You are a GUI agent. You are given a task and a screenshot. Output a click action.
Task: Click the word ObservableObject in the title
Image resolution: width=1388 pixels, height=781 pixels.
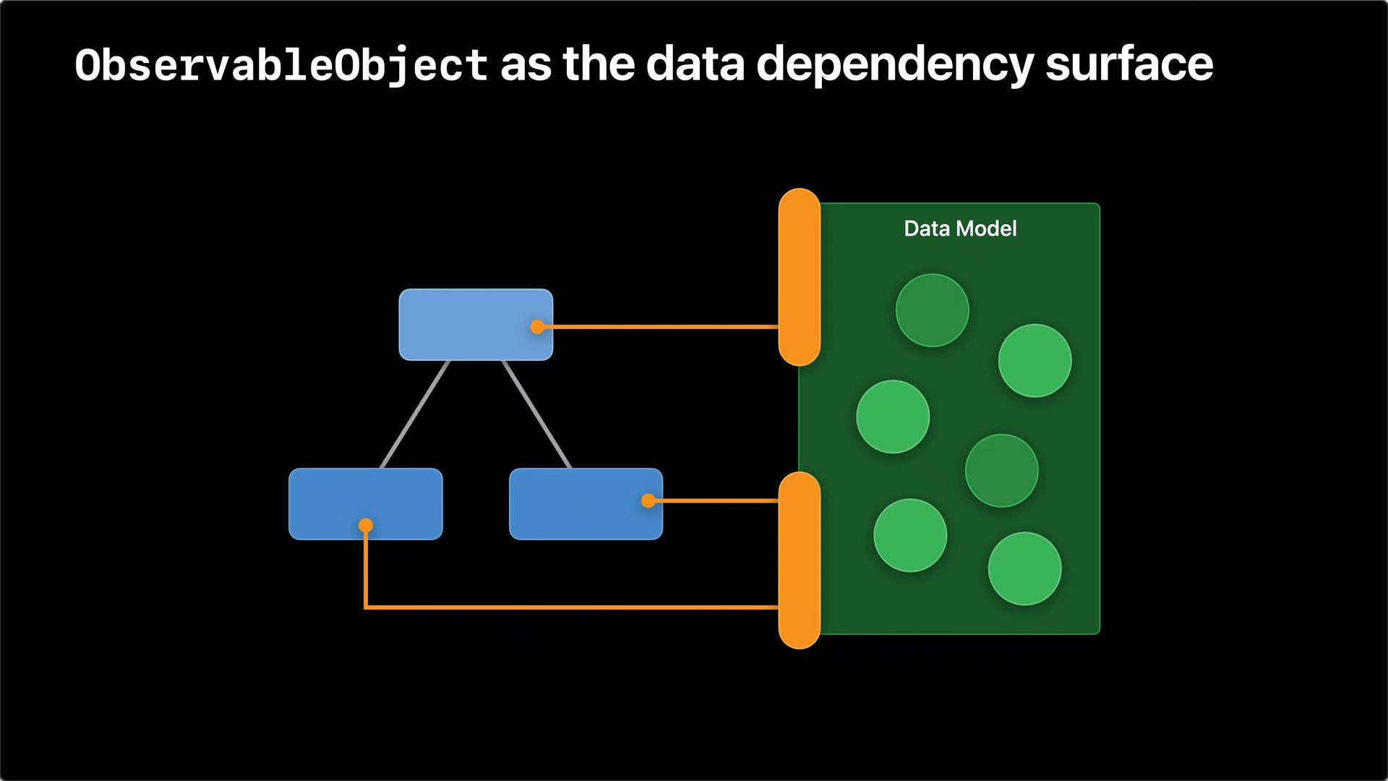pyautogui.click(x=281, y=65)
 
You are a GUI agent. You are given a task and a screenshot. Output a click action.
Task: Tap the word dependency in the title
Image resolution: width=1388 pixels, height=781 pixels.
pyautogui.click(x=894, y=65)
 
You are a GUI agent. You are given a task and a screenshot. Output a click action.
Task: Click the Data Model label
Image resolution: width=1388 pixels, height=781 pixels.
pyautogui.click(x=960, y=229)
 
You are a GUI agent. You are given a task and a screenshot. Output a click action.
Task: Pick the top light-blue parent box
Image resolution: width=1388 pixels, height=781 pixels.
pyautogui.click(x=476, y=325)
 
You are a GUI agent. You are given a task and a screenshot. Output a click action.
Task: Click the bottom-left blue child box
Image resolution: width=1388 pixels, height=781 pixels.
pyautogui.click(x=366, y=504)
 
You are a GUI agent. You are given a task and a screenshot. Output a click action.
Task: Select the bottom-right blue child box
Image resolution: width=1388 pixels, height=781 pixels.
pyautogui.click(x=586, y=504)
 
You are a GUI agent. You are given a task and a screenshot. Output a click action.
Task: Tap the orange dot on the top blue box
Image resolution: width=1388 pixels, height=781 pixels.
pyautogui.click(x=537, y=327)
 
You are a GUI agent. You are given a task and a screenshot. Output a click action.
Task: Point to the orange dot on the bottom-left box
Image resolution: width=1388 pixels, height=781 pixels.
pyautogui.click(x=366, y=525)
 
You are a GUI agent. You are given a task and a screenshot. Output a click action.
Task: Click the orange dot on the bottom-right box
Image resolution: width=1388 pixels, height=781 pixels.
pyautogui.click(x=648, y=500)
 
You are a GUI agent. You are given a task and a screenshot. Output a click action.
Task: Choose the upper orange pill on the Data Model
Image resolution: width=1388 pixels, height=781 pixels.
pyautogui.click(x=800, y=277)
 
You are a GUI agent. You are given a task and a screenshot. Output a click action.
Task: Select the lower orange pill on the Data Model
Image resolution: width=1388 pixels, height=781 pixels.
pyautogui.click(x=800, y=560)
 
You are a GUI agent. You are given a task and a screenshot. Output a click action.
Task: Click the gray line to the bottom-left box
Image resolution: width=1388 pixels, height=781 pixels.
pyautogui.click(x=415, y=414)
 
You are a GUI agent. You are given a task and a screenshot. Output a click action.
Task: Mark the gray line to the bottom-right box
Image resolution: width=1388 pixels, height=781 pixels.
pyautogui.click(x=536, y=414)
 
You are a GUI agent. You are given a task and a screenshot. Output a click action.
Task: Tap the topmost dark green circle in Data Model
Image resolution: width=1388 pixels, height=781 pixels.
pyautogui.click(x=933, y=310)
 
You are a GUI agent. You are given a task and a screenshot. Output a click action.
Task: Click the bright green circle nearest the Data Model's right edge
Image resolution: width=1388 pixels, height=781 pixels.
pyautogui.click(x=1035, y=361)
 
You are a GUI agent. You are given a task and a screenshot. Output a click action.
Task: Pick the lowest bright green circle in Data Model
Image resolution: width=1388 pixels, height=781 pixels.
pyautogui.click(x=1025, y=569)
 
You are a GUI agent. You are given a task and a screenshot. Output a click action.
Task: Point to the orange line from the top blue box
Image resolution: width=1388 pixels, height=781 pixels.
pyautogui.click(x=658, y=327)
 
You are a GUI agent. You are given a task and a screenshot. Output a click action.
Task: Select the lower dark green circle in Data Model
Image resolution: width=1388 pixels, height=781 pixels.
pyautogui.click(x=1002, y=471)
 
